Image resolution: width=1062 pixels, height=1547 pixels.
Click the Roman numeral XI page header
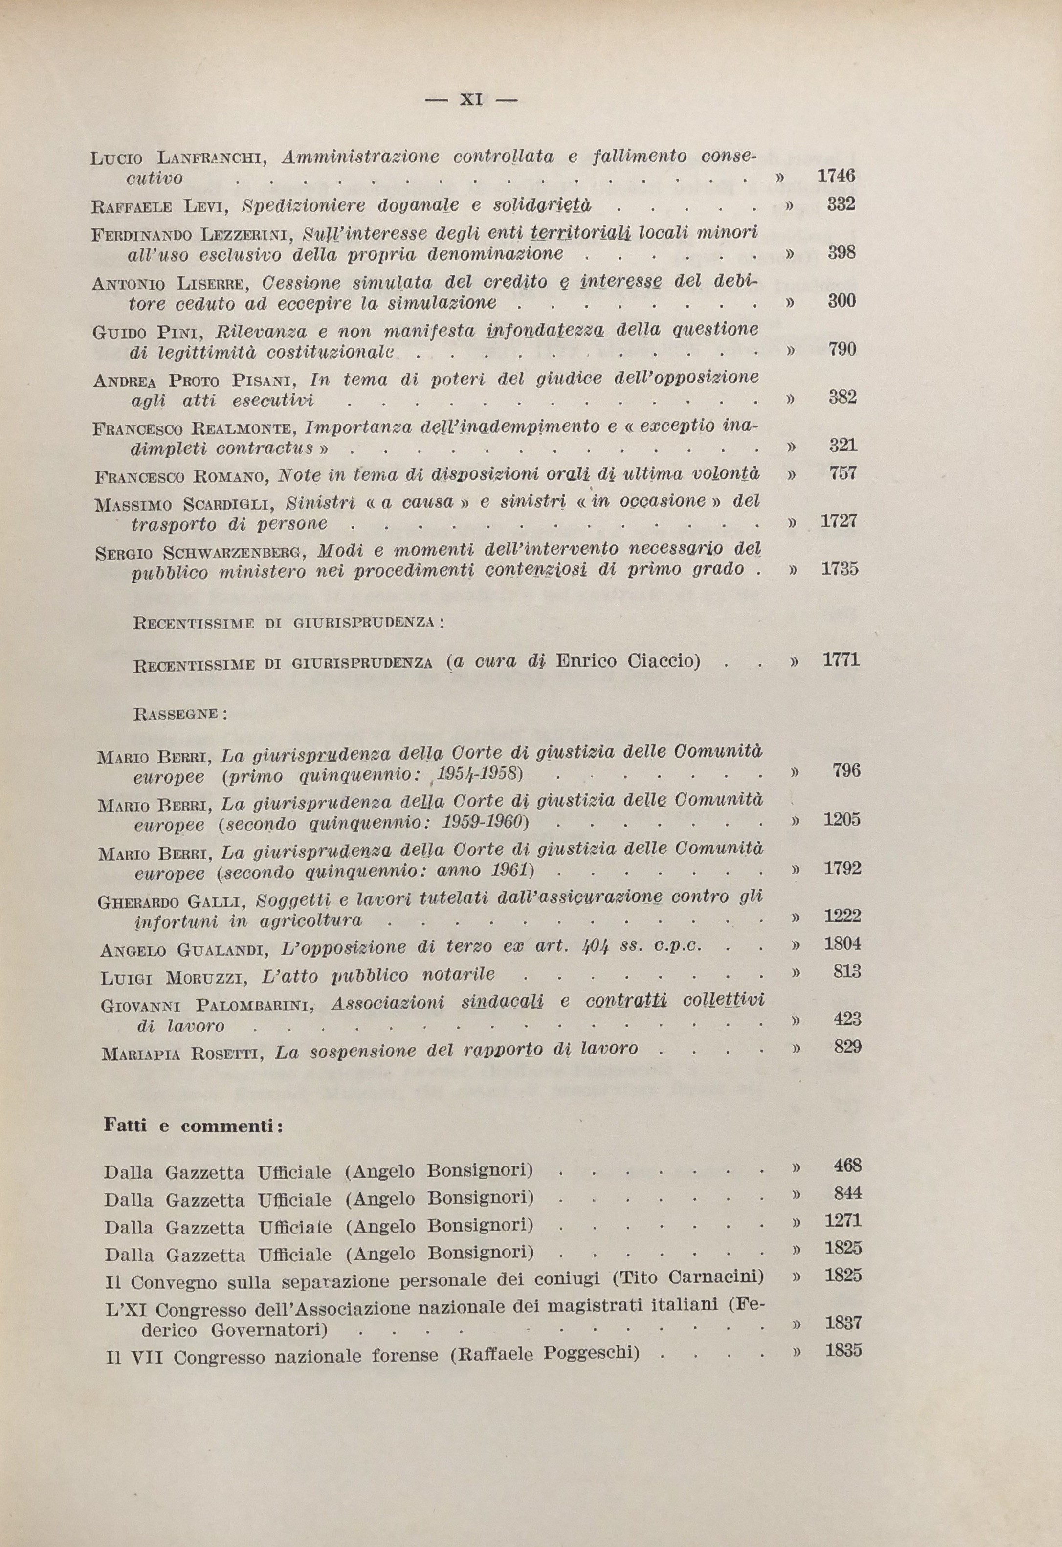pyautogui.click(x=471, y=100)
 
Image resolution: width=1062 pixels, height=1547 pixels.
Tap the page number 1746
pyautogui.click(x=835, y=177)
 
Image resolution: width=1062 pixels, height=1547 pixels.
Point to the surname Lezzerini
pyautogui.click(x=246, y=234)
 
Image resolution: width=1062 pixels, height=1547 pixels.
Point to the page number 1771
pyautogui.click(x=841, y=660)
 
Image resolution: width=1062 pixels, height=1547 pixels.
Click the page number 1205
pyautogui.click(x=842, y=819)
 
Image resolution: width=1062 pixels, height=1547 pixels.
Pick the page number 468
pyautogui.click(x=847, y=1165)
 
